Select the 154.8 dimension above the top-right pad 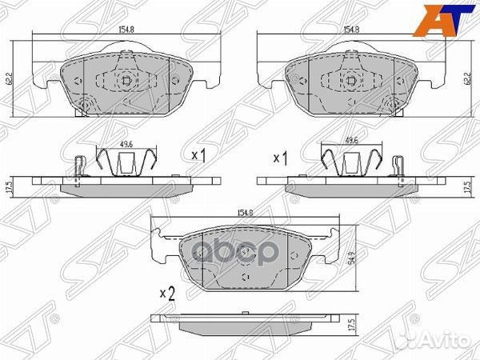351,29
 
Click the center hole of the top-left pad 126,80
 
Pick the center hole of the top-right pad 351,80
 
